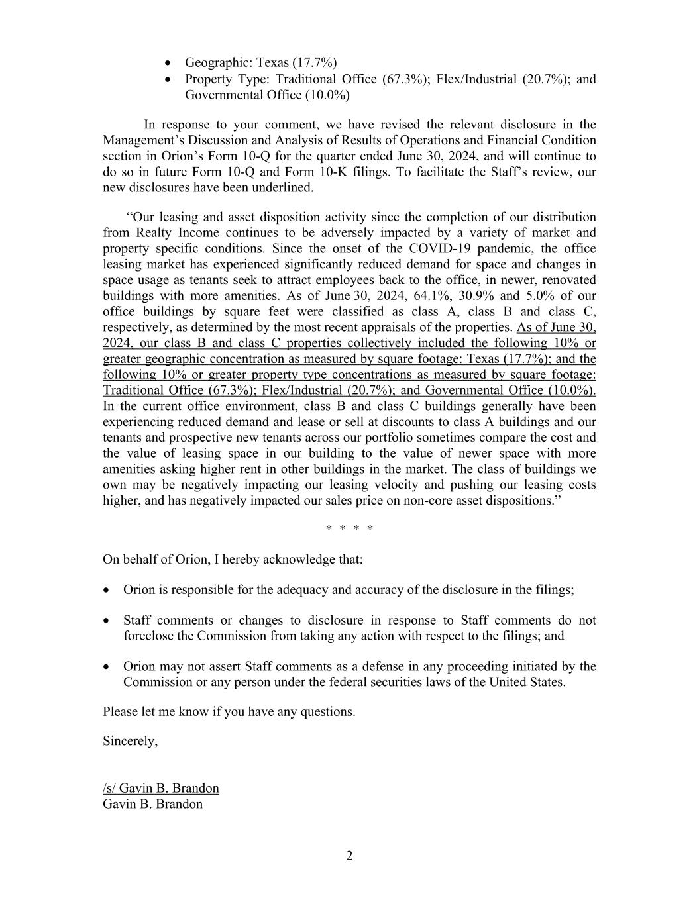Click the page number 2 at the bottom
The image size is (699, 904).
349,856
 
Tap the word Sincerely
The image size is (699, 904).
130,741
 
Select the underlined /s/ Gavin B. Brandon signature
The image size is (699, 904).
161,788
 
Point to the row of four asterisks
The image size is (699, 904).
349,528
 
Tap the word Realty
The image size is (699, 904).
156,232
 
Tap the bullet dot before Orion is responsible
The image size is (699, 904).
107,589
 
